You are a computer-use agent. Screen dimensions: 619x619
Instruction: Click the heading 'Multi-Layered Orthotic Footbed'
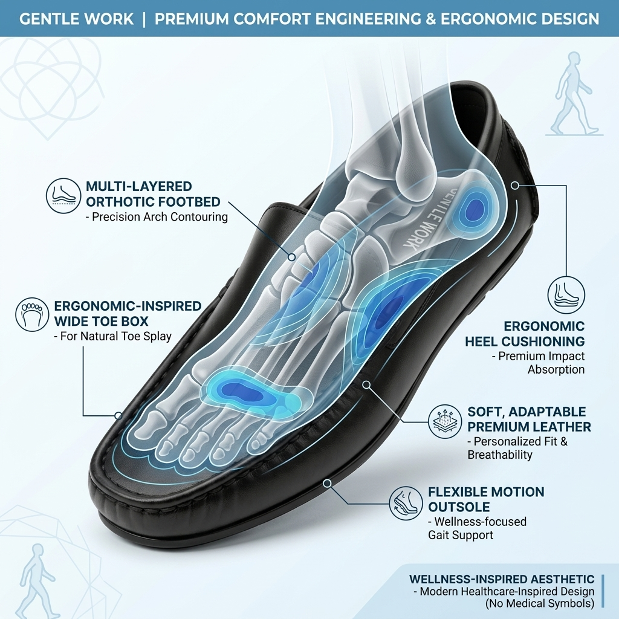click(153, 194)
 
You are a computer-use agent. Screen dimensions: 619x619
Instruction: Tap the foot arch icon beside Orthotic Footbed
click(63, 196)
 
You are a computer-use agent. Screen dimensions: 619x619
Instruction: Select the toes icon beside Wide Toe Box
click(33, 314)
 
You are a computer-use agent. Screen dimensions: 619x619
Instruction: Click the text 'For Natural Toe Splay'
click(112, 336)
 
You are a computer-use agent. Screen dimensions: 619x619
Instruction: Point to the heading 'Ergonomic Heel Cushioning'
click(525, 334)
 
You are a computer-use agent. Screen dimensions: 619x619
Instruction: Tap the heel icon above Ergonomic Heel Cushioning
click(566, 295)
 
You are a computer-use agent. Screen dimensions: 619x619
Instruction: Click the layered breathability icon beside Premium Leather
click(445, 421)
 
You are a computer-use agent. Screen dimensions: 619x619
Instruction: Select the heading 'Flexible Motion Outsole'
click(486, 499)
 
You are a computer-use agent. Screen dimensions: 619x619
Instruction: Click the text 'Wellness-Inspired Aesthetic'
click(501, 579)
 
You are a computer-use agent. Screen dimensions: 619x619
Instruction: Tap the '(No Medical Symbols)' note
click(540, 604)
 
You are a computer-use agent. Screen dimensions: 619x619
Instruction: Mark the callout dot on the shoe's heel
click(515, 185)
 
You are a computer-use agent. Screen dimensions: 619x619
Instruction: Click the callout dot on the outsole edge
click(327, 483)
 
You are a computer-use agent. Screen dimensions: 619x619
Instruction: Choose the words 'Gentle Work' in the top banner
click(77, 19)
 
